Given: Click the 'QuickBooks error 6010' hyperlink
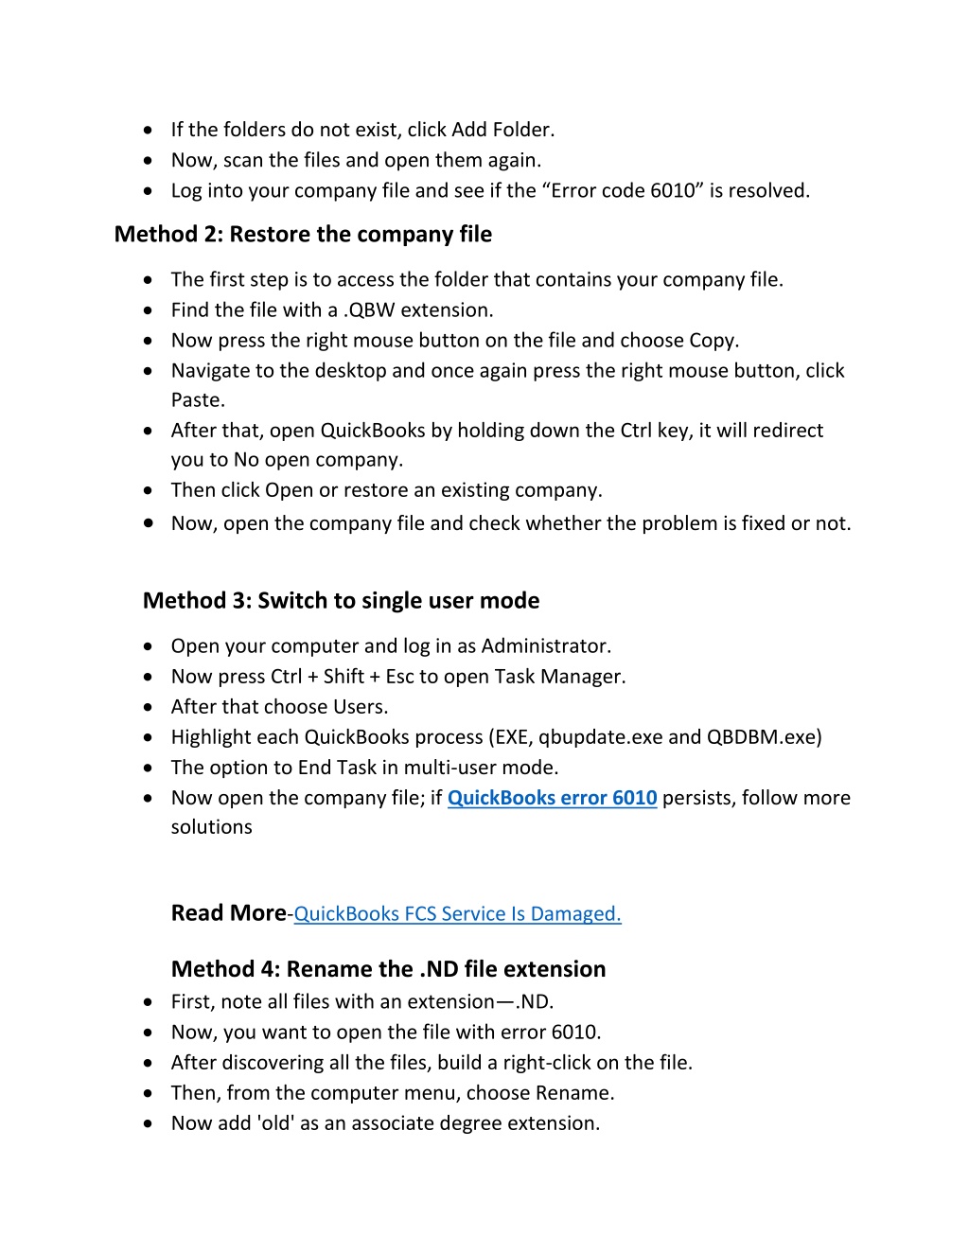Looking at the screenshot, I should [x=552, y=798].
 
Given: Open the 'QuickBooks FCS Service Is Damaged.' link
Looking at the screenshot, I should [x=457, y=914].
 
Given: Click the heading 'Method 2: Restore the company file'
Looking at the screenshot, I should [x=303, y=235].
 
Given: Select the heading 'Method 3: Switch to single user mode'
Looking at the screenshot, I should [x=341, y=601].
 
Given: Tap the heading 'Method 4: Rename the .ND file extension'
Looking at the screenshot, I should [x=388, y=969].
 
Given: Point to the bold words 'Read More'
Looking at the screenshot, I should [x=228, y=913].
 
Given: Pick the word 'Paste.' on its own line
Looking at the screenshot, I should [x=198, y=400].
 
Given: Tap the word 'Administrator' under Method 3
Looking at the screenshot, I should [x=545, y=646].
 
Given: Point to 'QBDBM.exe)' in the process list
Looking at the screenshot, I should [x=764, y=737].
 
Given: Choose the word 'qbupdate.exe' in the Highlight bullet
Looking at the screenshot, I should [x=600, y=737].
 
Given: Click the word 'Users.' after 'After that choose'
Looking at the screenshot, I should [x=360, y=707].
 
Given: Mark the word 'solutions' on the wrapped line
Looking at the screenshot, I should [x=211, y=827].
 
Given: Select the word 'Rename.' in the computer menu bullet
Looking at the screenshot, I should [x=574, y=1093].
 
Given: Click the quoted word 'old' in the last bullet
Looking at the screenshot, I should [x=275, y=1123].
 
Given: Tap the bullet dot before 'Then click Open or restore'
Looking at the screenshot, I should [x=149, y=490].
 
